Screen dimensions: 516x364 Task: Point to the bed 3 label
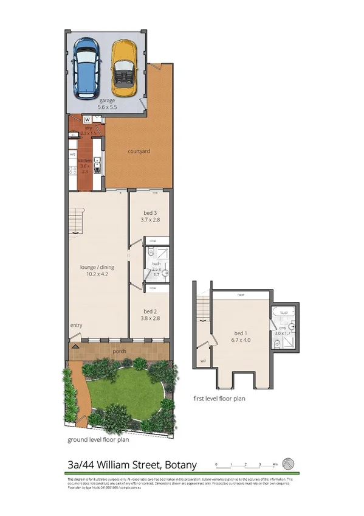pyautogui.click(x=149, y=215)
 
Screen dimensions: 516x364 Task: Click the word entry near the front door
pyautogui.click(x=76, y=325)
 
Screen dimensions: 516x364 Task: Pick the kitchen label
pyautogui.click(x=84, y=164)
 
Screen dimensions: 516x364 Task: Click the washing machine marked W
pyautogui.click(x=88, y=119)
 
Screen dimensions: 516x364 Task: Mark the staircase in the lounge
pyautogui.click(x=75, y=220)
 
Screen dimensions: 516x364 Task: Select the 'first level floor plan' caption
pyautogui.click(x=219, y=399)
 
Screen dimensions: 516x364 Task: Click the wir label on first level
pyautogui.click(x=202, y=361)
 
